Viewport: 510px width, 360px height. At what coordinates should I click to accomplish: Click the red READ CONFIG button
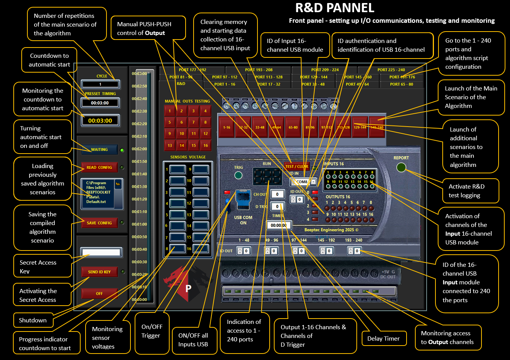(99, 167)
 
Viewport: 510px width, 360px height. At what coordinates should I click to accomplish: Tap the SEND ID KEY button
(99, 272)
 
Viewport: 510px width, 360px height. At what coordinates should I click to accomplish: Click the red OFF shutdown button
(99, 293)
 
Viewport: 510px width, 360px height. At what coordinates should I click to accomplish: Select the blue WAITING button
(99, 149)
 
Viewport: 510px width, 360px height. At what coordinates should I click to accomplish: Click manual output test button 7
(194, 122)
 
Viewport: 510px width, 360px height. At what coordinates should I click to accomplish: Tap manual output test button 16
(205, 145)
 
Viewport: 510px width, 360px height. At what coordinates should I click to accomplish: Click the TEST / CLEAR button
(297, 166)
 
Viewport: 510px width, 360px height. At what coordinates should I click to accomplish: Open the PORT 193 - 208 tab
(259, 70)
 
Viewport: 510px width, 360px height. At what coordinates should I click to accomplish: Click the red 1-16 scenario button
(227, 127)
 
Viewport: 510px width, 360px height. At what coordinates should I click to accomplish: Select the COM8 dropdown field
(304, 182)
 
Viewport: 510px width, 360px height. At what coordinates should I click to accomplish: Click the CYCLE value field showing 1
(100, 84)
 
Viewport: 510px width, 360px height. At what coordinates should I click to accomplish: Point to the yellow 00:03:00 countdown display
(100, 121)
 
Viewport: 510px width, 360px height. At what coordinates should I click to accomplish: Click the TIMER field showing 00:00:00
(279, 225)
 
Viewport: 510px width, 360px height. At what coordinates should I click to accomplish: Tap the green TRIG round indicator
(238, 175)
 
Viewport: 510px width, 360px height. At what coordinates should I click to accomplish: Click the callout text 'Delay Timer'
(383, 338)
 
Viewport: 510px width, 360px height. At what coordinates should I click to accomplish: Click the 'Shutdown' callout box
(33, 320)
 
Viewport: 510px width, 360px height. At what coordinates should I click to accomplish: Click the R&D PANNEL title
(335, 8)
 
